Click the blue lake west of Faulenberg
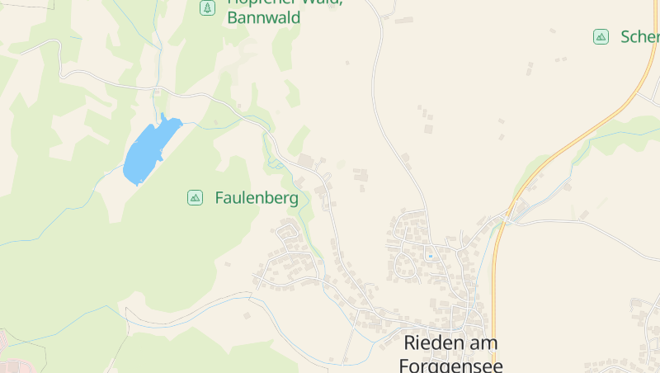[x=148, y=150]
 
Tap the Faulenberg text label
[x=257, y=198]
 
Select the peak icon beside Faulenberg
[x=195, y=197]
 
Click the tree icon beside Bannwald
[x=207, y=8]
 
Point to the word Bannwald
[x=264, y=17]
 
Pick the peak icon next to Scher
[x=601, y=36]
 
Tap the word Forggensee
[x=450, y=364]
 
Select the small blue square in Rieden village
[x=430, y=256]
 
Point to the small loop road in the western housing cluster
[x=288, y=233]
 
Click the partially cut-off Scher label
[x=640, y=37]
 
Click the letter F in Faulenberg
[x=220, y=198]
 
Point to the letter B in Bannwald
[x=233, y=17]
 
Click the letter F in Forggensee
[x=404, y=364]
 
